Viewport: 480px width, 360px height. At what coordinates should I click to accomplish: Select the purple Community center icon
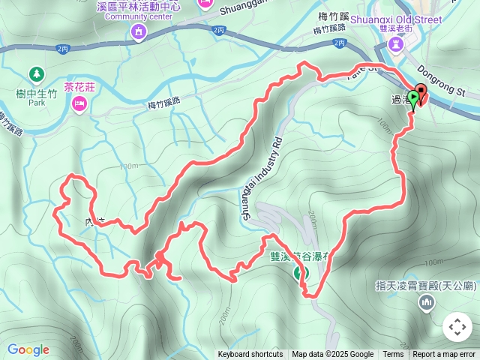138,31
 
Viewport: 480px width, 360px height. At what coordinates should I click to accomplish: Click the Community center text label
132,16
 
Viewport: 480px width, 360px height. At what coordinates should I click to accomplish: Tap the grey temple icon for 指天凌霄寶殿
427,301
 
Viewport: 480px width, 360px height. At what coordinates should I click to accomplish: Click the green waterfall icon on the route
300,272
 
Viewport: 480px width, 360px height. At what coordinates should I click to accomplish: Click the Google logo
28,349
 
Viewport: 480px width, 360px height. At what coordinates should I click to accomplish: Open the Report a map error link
444,355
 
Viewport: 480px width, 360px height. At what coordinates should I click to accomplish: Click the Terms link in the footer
393,355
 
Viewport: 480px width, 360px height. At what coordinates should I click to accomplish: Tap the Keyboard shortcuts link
250,355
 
